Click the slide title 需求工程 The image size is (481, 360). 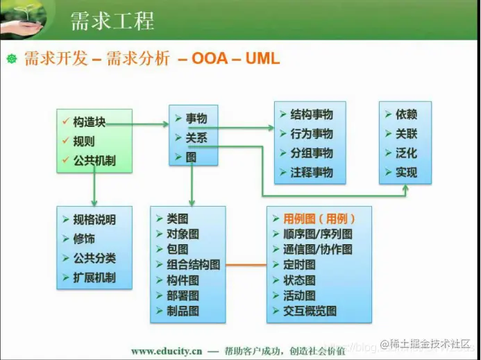[112, 20]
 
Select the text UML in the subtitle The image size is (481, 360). [262, 58]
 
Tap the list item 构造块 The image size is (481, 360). [90, 122]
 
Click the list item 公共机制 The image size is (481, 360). [94, 161]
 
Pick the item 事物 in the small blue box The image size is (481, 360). [196, 119]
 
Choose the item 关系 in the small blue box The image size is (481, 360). [196, 138]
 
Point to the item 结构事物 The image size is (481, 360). [311, 114]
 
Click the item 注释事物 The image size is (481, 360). [311, 172]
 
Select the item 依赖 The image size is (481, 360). [406, 114]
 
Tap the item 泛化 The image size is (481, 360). [406, 153]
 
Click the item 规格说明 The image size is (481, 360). [94, 220]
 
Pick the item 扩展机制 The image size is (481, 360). [94, 278]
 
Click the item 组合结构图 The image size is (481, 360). [193, 264]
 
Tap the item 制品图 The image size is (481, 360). [182, 311]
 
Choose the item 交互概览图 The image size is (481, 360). [310, 311]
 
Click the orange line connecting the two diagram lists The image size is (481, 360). [246, 265]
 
